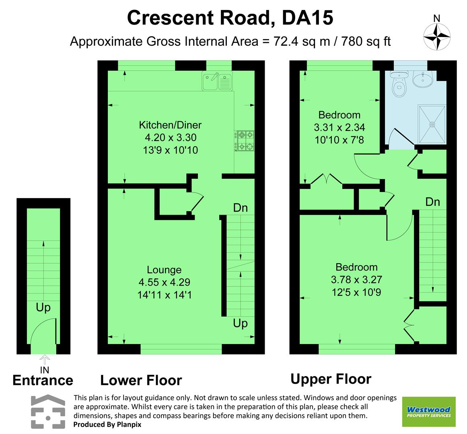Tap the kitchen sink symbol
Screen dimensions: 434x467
pos(216,82)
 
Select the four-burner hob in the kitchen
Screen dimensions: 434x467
pos(245,141)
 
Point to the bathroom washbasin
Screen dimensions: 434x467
pos(422,79)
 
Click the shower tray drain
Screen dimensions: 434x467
pos(433,124)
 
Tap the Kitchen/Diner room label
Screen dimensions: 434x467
pos(170,125)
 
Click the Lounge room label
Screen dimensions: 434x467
pos(164,270)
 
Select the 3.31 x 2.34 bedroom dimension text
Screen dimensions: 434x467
pos(339,128)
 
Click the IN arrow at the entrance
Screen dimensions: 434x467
pos(45,359)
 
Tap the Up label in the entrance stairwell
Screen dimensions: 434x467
pos(43,308)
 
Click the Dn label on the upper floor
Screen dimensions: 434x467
pos(433,202)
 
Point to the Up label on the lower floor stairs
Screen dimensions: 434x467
pos(240,323)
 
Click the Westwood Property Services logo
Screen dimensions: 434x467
pos(429,412)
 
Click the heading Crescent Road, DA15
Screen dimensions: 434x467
pos(230,18)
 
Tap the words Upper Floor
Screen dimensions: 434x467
pos(331,379)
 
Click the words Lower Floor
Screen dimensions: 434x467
pos(141,380)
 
